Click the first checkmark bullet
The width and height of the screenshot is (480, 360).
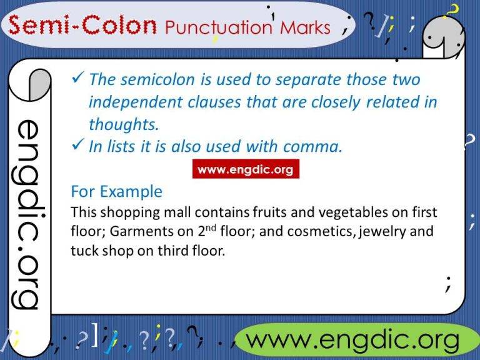79,79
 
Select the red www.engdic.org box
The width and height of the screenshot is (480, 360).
245,169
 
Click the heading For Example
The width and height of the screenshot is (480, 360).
117,191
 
